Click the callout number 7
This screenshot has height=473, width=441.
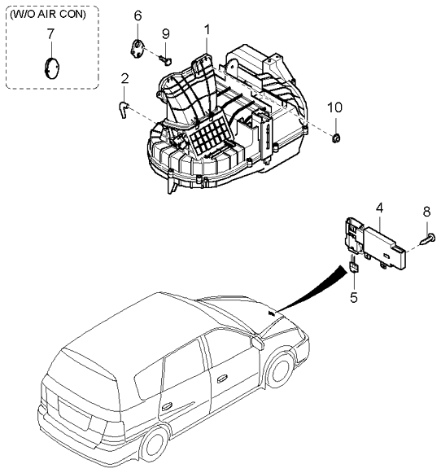50,33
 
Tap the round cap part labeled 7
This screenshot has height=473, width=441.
52,68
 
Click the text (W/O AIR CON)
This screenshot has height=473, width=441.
48,14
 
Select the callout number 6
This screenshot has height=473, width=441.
138,15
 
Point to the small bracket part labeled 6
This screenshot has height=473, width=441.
138,48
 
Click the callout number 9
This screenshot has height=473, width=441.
166,34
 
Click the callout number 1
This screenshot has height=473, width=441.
207,30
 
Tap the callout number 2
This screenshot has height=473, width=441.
124,78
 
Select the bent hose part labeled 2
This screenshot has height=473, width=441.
124,109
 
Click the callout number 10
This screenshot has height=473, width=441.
334,107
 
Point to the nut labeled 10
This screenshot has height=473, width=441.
336,138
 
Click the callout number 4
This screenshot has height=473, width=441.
379,208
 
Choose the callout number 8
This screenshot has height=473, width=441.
426,212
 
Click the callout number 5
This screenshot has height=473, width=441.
354,297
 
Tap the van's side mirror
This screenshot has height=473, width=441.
257,343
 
